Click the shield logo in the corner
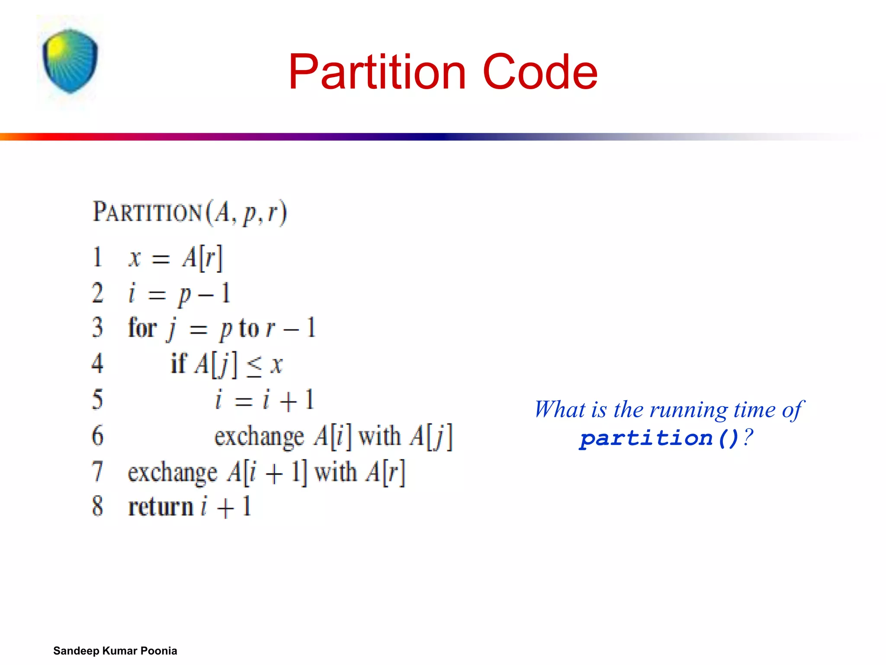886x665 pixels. pos(70,61)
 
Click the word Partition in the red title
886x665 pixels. pos(377,72)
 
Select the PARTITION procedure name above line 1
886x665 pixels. pos(148,212)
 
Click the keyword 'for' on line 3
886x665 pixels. pos(142,328)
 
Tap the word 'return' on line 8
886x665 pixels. pos(161,507)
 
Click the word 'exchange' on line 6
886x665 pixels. pos(259,436)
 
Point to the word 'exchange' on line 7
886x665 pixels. pos(172,472)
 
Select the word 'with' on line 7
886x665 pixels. pos(335,471)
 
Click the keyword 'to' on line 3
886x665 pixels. pos(249,328)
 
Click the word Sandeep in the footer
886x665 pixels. pos(76,651)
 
